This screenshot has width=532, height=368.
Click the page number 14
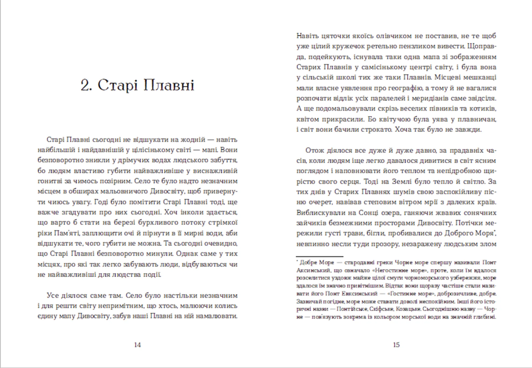(x=137, y=345)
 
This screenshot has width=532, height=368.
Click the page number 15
(x=396, y=345)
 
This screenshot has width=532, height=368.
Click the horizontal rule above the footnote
(x=319, y=257)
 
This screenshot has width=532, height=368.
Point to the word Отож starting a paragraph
(x=315, y=150)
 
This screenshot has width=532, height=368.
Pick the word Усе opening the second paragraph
(x=53, y=295)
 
